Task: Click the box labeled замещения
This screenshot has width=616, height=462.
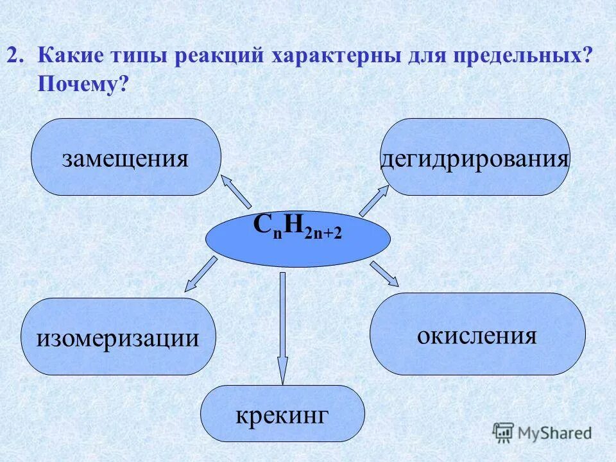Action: point(126,157)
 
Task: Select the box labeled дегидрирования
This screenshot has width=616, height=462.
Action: point(475,157)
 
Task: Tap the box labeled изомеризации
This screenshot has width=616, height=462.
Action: point(117,336)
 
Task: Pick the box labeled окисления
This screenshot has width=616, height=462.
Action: point(477,334)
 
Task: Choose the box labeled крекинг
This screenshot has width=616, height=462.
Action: point(282,413)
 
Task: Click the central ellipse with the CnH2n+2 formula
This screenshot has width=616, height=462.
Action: point(298,237)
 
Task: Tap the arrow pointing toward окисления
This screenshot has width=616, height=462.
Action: point(385,273)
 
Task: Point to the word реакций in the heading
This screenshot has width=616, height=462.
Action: point(218,55)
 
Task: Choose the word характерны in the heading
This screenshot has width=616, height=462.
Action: point(338,55)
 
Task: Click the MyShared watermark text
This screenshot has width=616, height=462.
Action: point(555,433)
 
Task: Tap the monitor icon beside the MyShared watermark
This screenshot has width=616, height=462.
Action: point(504,432)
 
